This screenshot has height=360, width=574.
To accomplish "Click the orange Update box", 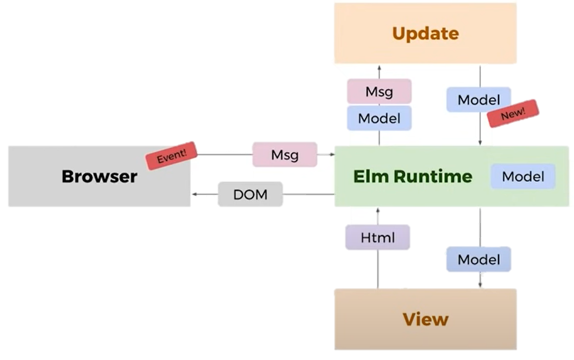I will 425,33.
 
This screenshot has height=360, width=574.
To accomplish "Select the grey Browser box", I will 99,176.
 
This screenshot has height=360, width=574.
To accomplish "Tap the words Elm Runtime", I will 412,176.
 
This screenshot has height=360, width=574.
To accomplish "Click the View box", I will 425,319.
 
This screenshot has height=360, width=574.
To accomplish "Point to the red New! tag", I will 513,114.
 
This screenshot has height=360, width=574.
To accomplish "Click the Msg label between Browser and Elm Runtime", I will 285,154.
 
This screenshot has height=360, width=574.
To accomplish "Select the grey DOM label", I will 250,194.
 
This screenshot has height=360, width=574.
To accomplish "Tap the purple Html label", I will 378,238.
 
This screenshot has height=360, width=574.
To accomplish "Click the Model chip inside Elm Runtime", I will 523,176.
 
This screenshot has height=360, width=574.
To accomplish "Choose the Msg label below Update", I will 379,92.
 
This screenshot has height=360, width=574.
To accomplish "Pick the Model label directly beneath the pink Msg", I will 379,118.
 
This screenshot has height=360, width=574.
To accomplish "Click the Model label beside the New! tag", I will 479,100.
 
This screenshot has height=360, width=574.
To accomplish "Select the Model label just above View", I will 479,259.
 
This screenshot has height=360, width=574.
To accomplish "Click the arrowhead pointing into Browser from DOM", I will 195,194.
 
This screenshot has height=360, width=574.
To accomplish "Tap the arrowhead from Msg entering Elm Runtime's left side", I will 332,155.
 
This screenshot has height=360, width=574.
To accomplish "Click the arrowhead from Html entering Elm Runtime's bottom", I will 378,210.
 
